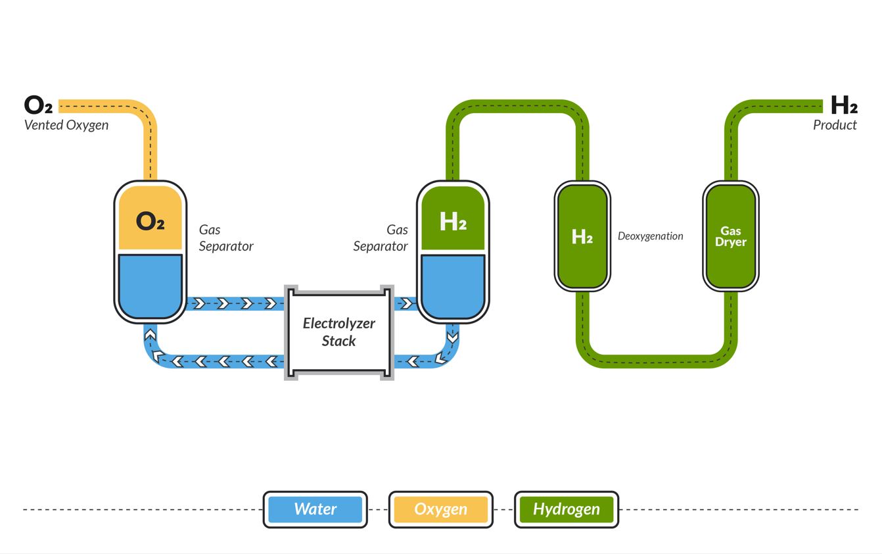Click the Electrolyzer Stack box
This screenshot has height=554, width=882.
point(338,332)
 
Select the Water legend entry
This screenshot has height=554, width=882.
point(315,509)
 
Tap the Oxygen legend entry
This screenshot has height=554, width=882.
point(440,509)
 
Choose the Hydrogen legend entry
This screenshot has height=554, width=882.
point(566,509)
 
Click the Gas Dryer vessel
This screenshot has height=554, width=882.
point(730,236)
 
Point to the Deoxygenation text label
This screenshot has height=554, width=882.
point(650,236)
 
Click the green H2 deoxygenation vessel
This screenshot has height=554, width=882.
point(582,236)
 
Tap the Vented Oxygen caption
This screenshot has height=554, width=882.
point(66,125)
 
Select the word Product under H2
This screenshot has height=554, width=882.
point(835,125)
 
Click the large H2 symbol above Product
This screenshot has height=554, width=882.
point(843,105)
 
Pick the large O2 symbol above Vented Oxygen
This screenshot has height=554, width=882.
point(38,105)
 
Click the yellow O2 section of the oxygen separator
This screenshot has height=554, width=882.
point(150,219)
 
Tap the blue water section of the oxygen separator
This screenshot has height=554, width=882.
point(150,284)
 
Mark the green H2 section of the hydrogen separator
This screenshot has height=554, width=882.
point(453,219)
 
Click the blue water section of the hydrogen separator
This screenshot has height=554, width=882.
point(453,284)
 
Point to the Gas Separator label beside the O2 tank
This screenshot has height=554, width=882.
point(225,238)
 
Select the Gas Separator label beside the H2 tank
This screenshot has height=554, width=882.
point(381,238)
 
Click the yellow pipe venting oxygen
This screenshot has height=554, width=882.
point(151,145)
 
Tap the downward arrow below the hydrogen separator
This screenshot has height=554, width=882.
point(452,338)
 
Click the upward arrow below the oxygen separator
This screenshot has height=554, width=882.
point(151,335)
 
